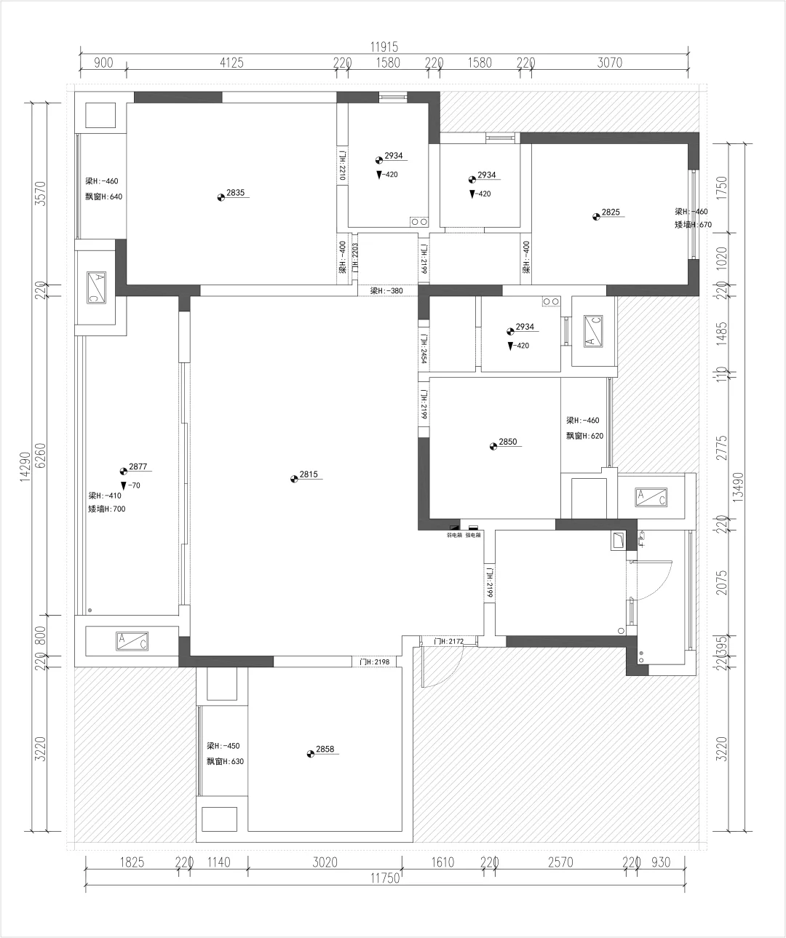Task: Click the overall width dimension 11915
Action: [x=384, y=47]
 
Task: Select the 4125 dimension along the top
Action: [x=231, y=63]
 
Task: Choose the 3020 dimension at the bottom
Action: [x=325, y=863]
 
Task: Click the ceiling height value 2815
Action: [x=309, y=474]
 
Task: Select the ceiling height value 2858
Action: [x=325, y=750]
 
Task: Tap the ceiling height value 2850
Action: [x=507, y=442]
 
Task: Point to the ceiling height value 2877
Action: [x=138, y=467]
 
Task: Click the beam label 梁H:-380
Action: [x=386, y=291]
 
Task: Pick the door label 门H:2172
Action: [x=448, y=641]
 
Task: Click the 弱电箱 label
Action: [x=454, y=535]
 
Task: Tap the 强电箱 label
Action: [x=473, y=535]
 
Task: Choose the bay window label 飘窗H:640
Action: [x=104, y=196]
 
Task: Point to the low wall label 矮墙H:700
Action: [x=107, y=509]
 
